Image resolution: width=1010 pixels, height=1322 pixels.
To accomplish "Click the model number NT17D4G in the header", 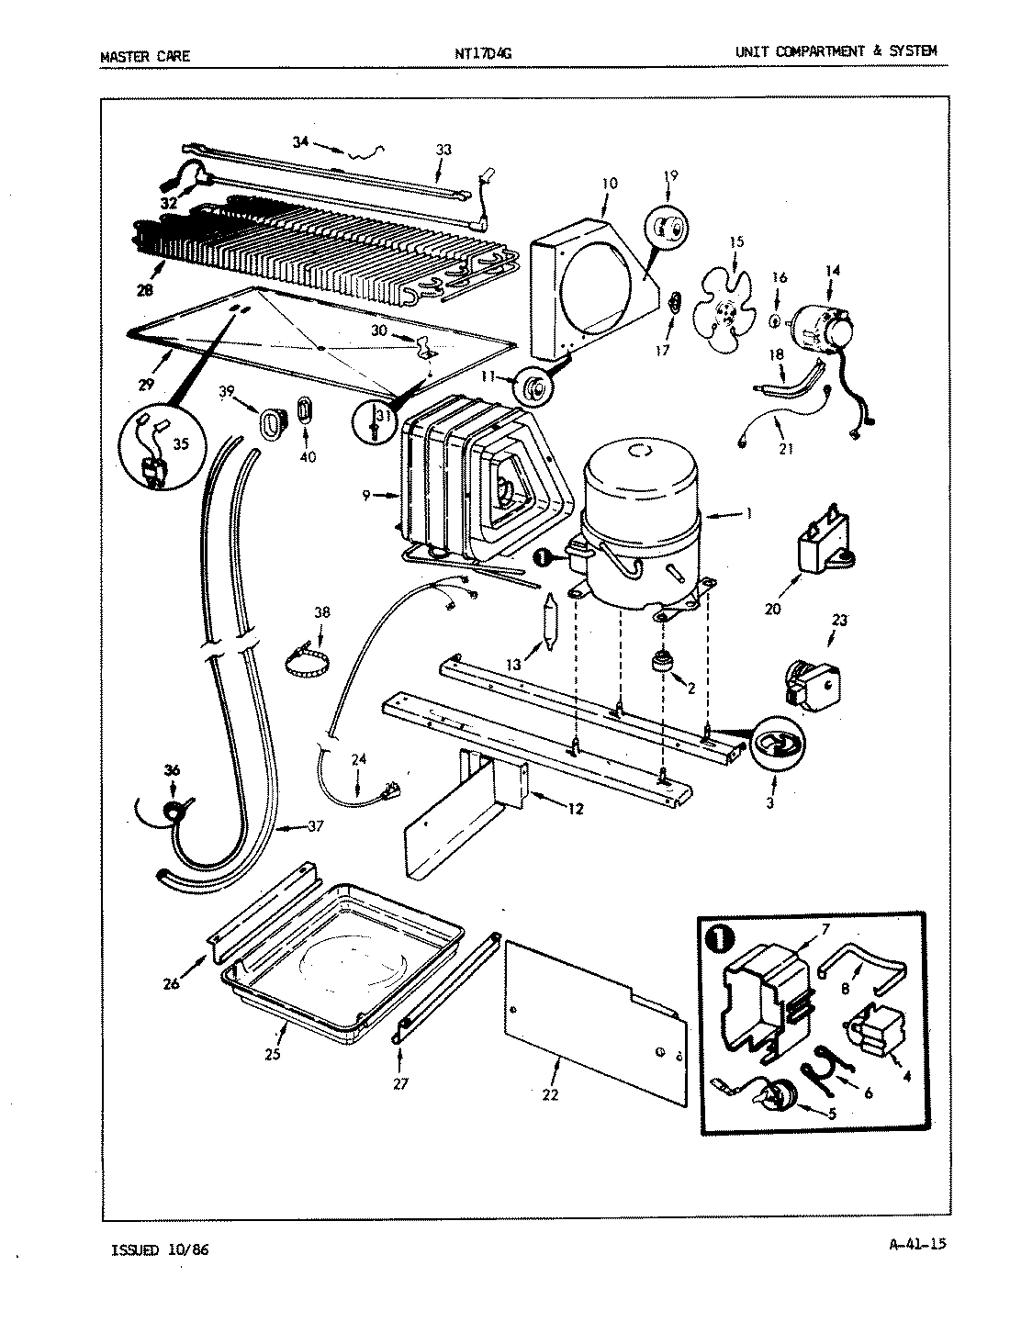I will (x=482, y=54).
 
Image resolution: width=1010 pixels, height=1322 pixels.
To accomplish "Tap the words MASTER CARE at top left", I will (x=144, y=56).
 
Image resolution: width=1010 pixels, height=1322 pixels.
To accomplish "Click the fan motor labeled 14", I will (x=819, y=327).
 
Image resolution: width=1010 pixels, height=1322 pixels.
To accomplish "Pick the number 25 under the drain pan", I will (x=272, y=1055).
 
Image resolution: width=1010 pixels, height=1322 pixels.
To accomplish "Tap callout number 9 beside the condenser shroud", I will (x=365, y=496).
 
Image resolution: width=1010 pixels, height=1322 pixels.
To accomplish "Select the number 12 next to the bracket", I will (x=575, y=809).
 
